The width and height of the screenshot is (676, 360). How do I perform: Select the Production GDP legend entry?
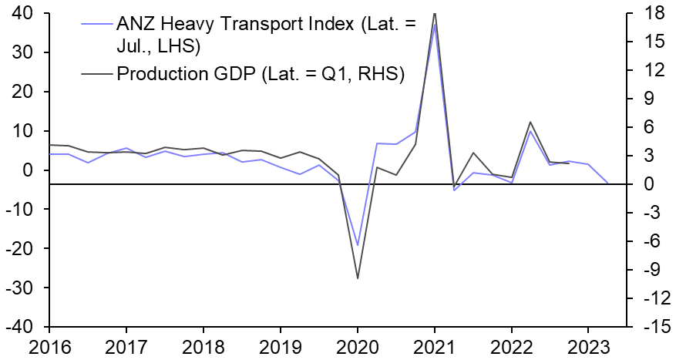point(261,73)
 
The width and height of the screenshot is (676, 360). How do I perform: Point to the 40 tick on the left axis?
point(31,13)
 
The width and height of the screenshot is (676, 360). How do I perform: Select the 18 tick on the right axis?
point(651,13)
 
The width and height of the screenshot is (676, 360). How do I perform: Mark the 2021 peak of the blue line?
point(435,24)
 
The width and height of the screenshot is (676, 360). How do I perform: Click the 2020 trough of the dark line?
point(358,278)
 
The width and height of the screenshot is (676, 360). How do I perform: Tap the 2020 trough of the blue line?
point(358,245)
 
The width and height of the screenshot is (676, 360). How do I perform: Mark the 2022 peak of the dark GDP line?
point(530,122)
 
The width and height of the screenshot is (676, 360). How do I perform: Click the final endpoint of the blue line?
point(607,183)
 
